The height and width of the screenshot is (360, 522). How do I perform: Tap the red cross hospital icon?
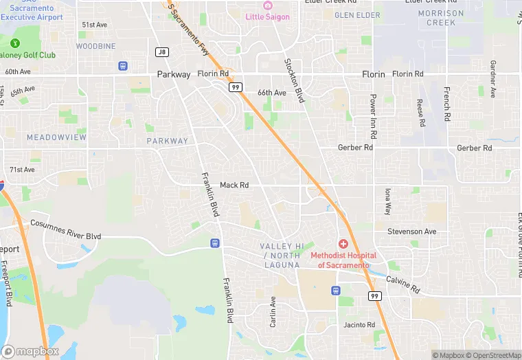click(x=343, y=245)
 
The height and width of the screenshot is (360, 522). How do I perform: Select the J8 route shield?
click(x=162, y=52)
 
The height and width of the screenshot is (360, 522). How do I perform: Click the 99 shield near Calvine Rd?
click(x=374, y=296)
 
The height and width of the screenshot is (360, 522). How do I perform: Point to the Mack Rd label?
click(x=234, y=185)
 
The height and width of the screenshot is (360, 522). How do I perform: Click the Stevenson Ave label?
click(x=411, y=232)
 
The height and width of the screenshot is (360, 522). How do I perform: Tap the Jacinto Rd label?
click(x=360, y=325)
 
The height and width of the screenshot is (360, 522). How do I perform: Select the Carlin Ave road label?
click(x=273, y=311)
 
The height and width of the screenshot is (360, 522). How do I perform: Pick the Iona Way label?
click(x=387, y=201)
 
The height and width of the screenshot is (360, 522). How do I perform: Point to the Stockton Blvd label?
click(x=294, y=81)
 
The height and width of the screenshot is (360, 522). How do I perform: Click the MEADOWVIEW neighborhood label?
click(x=57, y=137)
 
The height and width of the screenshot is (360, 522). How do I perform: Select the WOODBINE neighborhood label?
click(x=95, y=46)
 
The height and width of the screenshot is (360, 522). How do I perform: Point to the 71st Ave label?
click(x=22, y=169)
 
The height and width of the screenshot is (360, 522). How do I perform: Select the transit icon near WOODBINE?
click(x=123, y=66)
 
